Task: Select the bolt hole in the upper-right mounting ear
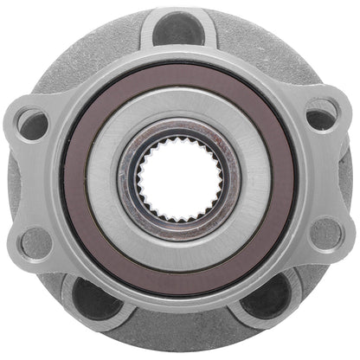point(321,116)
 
